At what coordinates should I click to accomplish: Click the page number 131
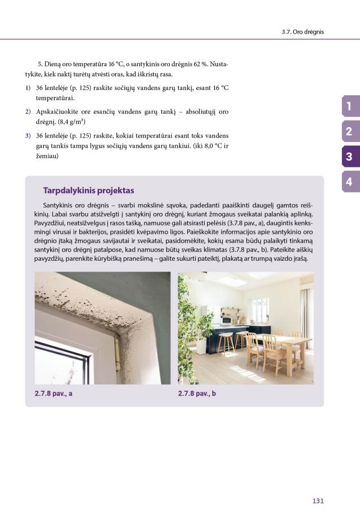point(317,500)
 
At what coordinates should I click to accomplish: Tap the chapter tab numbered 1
point(349,106)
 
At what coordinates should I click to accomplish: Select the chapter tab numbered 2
point(349,132)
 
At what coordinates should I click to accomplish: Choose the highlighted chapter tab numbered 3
point(349,157)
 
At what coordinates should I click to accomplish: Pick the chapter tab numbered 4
point(349,182)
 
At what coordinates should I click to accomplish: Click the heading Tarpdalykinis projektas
point(88,190)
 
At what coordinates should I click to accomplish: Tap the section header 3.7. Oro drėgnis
point(303,32)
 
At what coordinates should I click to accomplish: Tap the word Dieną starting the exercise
point(55,64)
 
